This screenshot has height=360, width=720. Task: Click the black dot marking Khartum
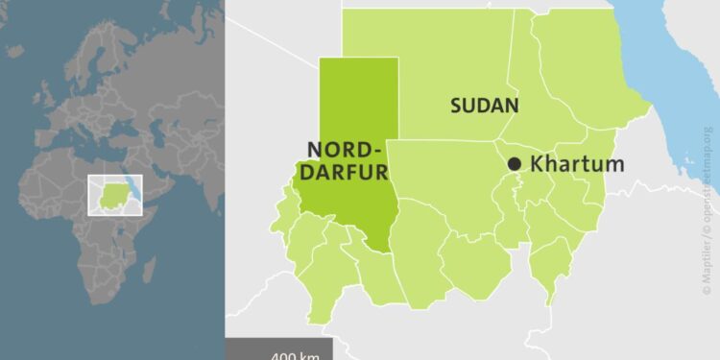515,164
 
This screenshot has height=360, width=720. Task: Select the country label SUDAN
485,106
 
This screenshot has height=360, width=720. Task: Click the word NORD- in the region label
345,150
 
